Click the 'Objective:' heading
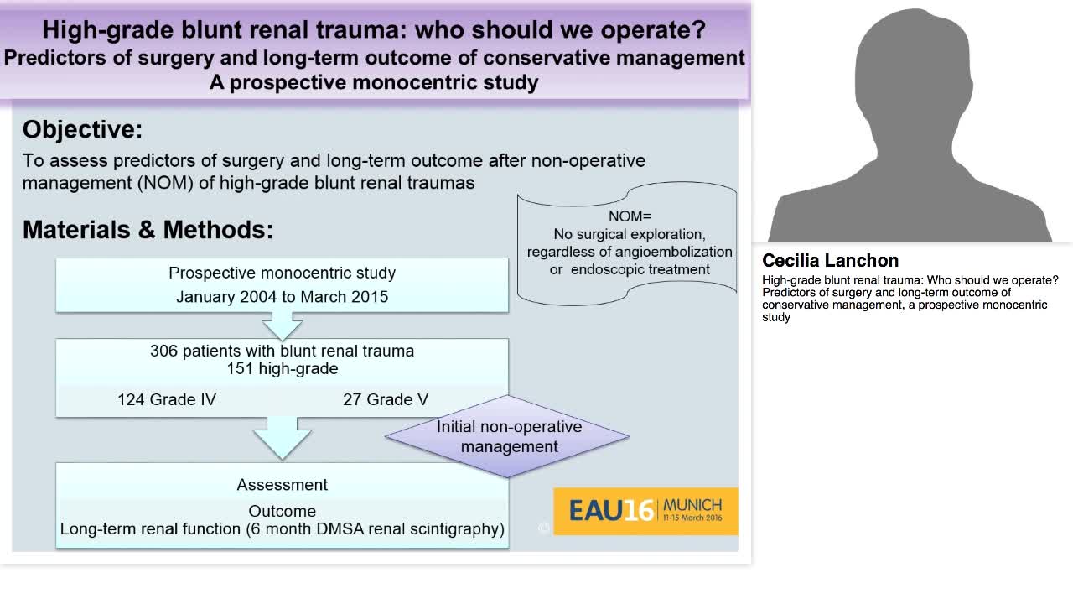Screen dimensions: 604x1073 tap(82, 129)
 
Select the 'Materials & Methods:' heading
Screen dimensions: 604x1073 tap(148, 230)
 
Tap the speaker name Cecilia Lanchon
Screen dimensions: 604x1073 tap(830, 260)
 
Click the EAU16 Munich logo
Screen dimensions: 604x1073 tap(645, 510)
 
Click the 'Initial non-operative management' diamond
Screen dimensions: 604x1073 tap(508, 436)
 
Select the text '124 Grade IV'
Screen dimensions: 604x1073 tap(167, 399)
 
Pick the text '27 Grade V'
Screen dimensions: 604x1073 tap(385, 399)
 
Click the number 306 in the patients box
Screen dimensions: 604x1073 tap(164, 351)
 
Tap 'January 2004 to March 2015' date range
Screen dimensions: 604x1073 tap(282, 297)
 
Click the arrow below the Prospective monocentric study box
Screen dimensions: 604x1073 tap(282, 325)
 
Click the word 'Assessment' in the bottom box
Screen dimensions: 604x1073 tap(282, 485)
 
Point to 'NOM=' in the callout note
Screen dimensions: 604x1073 tap(630, 216)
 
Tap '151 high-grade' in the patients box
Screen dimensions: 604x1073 tap(282, 369)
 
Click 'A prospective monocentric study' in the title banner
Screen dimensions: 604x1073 tap(374, 82)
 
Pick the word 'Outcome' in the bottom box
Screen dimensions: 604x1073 tap(282, 511)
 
